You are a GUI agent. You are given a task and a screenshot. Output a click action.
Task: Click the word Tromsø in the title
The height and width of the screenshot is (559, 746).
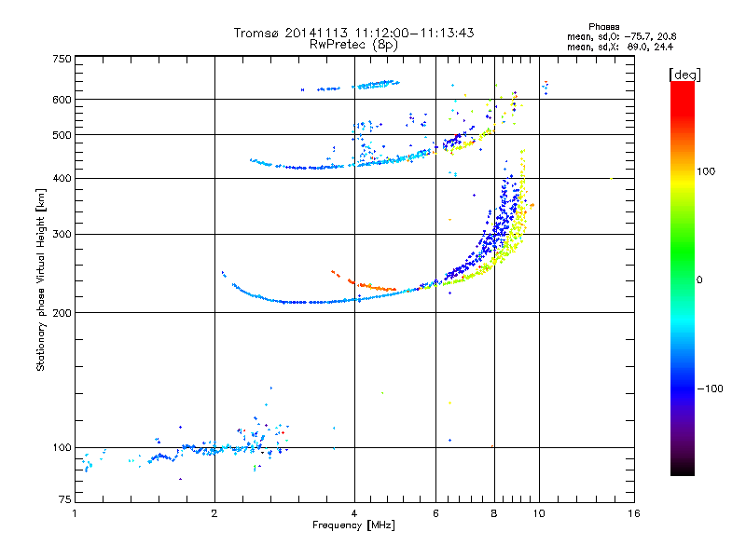pos(257,33)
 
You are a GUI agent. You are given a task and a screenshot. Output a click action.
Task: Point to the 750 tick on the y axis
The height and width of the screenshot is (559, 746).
pos(62,59)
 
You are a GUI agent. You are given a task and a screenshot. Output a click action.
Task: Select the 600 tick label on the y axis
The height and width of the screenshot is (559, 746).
pos(62,99)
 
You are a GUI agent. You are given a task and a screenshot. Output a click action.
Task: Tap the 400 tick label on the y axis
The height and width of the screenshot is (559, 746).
pos(62,178)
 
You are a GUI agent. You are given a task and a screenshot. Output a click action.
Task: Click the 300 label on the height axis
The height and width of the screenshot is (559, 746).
pos(62,234)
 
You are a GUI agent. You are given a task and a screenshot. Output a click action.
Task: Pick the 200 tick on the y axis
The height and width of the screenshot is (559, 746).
pos(62,312)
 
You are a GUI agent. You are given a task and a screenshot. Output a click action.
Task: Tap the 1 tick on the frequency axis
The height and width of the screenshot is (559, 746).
pos(75,513)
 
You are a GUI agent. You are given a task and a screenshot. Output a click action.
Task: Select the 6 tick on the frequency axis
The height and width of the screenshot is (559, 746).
pos(436,513)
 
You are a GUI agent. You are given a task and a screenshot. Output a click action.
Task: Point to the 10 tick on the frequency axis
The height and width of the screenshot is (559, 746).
pos(539,513)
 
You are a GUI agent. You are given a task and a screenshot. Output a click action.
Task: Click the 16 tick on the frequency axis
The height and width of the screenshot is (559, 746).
pos(633,513)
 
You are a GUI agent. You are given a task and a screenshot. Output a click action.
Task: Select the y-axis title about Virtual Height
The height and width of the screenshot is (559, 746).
pos(41,279)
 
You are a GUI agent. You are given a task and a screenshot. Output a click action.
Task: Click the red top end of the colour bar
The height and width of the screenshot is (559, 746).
pos(682,86)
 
